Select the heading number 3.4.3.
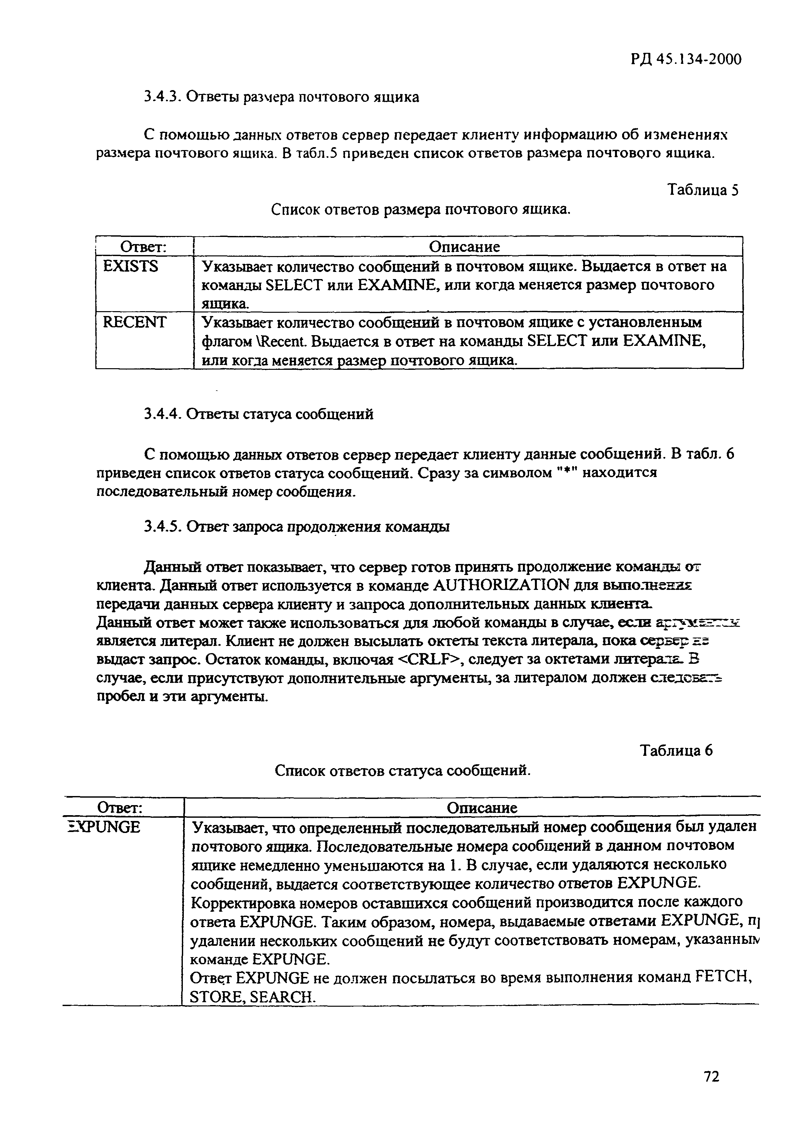click(162, 97)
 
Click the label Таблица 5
click(703, 190)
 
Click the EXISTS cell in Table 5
click(130, 267)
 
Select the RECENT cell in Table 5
click(134, 322)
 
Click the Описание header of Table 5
click(464, 247)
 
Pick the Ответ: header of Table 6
click(120, 808)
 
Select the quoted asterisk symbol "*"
click(567, 473)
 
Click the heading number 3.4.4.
click(162, 414)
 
